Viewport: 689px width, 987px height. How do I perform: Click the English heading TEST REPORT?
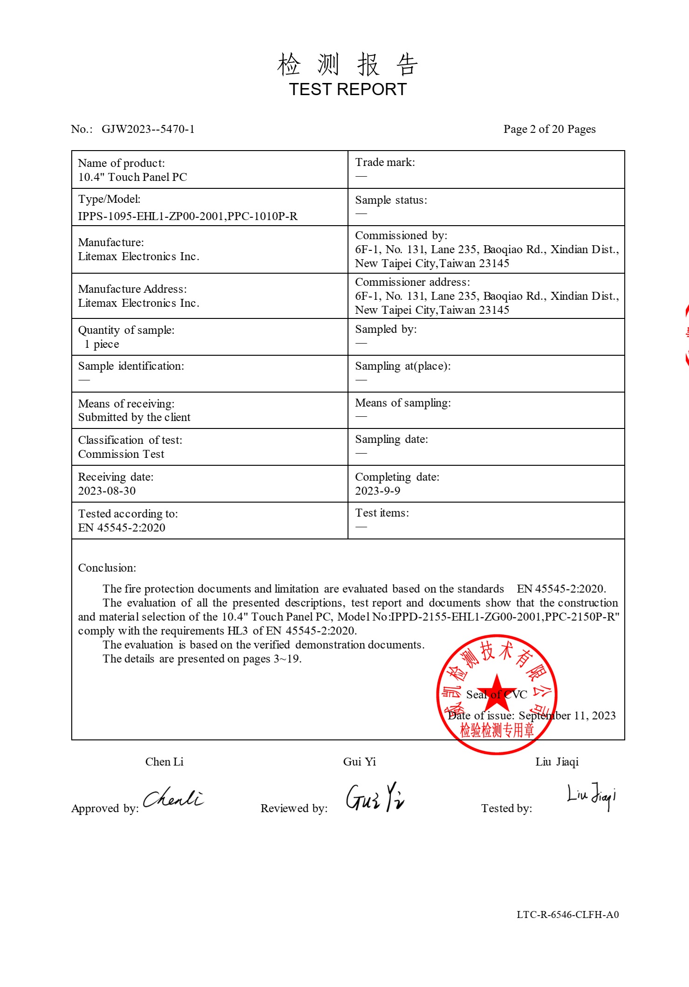coord(348,89)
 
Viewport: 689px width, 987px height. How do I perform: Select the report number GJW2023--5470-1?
coord(148,129)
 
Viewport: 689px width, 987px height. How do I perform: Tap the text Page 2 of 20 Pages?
coord(549,129)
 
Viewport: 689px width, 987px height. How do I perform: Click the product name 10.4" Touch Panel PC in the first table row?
coord(132,177)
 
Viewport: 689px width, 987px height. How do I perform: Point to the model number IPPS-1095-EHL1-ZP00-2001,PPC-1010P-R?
coord(187,216)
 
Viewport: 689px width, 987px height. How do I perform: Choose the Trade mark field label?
coord(385,162)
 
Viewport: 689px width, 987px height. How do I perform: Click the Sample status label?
coord(391,200)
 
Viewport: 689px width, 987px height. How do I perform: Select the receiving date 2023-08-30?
coord(107,491)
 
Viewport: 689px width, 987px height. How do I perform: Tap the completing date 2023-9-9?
coord(377,491)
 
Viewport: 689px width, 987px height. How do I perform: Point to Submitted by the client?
coord(134,417)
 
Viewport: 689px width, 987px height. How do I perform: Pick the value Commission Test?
coord(121,454)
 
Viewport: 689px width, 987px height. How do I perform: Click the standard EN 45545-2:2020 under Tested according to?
coord(122,528)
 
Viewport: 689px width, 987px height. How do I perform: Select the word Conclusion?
coord(107,568)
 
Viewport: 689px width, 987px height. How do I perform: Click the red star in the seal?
coord(497,690)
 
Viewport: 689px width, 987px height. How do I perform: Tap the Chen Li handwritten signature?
coord(173,799)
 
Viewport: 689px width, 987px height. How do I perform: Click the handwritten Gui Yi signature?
coord(375,797)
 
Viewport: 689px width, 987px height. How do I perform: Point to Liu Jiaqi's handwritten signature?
coord(591,795)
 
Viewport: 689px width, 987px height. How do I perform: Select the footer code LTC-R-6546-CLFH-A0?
coord(567,914)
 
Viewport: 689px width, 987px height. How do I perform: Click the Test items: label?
coord(382,513)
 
